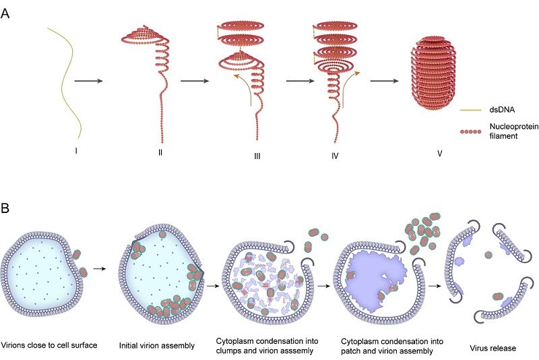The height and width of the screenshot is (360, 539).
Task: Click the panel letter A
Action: point(5,13)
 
